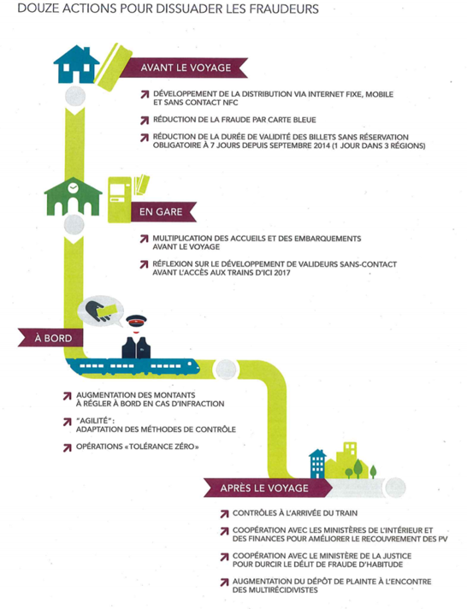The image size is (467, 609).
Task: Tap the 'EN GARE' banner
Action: click(x=163, y=211)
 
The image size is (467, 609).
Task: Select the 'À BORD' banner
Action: click(x=50, y=338)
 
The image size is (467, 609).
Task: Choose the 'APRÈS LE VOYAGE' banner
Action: click(x=268, y=488)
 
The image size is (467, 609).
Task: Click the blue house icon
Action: click(x=76, y=64)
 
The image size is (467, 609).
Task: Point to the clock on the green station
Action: click(x=73, y=188)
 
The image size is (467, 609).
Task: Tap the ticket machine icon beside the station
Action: click(x=119, y=199)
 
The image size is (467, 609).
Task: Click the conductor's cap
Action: click(x=136, y=321)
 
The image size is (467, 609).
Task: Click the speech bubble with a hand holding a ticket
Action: click(x=100, y=311)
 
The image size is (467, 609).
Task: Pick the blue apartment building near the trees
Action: click(x=317, y=464)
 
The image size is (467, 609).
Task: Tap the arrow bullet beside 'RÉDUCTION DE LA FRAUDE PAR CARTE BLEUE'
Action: click(x=145, y=121)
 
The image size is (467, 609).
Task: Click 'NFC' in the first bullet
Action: click(x=229, y=103)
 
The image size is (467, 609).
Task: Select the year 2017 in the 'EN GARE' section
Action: click(x=281, y=273)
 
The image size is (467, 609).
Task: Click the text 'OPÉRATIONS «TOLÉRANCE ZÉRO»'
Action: click(x=138, y=446)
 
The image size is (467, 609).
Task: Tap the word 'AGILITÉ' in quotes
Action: click(x=93, y=421)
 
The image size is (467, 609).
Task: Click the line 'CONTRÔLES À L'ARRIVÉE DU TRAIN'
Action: click(x=295, y=513)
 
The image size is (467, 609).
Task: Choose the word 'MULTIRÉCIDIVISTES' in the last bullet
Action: click(x=275, y=590)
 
